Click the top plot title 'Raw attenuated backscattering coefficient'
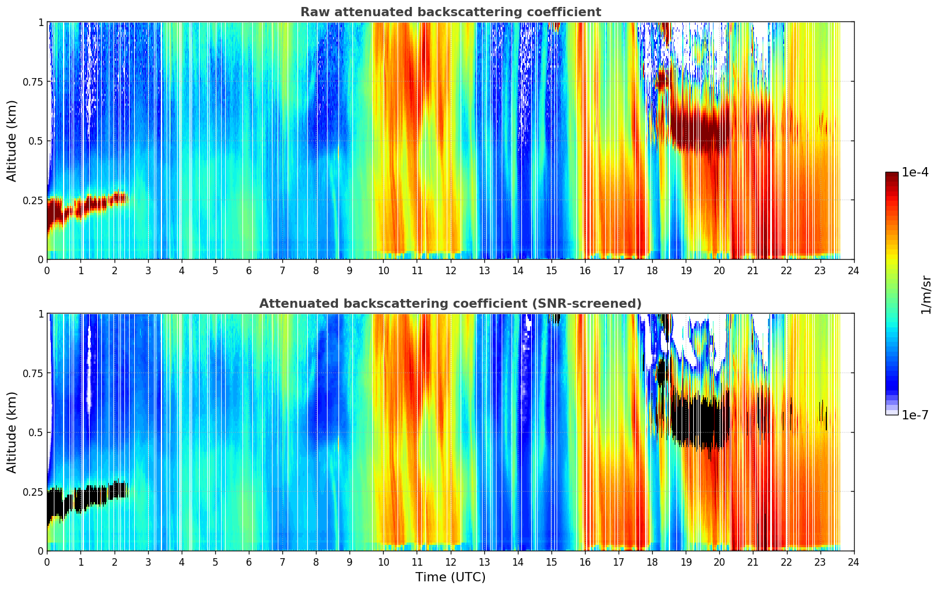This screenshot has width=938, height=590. [450, 12]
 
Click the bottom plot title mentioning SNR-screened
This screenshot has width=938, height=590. [450, 304]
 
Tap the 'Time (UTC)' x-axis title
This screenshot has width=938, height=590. [450, 577]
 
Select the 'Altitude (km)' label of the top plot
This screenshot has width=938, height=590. [12, 141]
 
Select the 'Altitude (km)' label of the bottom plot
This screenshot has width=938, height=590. [12, 432]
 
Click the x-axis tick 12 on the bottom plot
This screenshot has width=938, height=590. [450, 562]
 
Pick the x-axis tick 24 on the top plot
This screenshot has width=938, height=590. [854, 271]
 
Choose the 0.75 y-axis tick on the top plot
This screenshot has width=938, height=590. [33, 82]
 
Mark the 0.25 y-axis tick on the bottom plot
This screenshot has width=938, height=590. [33, 492]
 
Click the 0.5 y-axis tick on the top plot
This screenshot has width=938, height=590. [36, 141]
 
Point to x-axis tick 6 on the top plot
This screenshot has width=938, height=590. [249, 271]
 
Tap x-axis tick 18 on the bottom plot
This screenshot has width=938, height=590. [652, 562]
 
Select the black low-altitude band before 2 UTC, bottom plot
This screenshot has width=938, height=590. [87, 497]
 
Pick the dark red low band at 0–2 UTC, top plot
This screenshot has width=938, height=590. [87, 205]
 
